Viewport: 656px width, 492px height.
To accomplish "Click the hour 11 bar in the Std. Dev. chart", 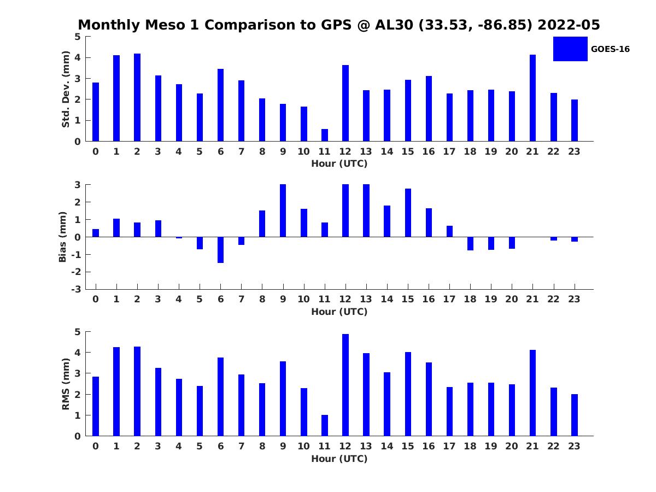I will [325, 135].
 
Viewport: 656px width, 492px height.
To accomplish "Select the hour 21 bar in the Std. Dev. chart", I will [532, 98].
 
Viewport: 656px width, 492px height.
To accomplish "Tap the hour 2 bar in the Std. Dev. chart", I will [137, 97].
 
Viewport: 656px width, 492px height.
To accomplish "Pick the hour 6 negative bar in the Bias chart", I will [220, 250].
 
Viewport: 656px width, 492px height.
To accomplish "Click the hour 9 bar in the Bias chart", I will [283, 210].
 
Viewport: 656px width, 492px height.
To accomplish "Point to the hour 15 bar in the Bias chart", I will [408, 213].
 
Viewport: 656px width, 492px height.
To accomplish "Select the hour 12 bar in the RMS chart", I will [345, 385].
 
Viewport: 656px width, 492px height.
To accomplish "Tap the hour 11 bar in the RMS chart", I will [325, 425].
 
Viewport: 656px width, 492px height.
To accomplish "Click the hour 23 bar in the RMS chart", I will [575, 415].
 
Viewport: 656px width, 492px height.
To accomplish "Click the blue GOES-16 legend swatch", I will [570, 49].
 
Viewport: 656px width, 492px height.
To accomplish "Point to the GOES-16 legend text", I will [610, 49].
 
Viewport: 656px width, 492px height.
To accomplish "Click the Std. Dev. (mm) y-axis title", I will [66, 89].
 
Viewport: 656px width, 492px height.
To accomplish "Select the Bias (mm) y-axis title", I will [63, 237].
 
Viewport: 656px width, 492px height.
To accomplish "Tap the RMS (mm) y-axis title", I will [66, 384].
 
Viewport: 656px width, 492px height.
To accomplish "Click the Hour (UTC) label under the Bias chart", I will [339, 312].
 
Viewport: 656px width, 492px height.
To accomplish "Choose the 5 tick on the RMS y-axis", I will [78, 332].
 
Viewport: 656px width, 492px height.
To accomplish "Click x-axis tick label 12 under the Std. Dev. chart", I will [345, 151].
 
